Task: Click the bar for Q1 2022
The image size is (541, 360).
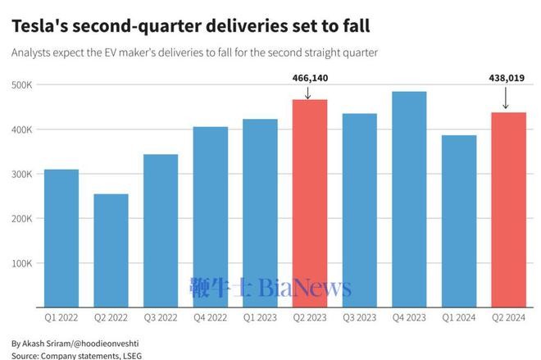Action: [x=61, y=238]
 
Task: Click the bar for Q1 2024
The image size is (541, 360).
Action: [x=458, y=221]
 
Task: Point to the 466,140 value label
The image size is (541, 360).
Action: [x=310, y=78]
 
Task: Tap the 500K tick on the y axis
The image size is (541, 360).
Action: [x=21, y=85]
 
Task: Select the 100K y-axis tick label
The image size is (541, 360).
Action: [x=21, y=265]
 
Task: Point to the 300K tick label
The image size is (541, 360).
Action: [x=21, y=175]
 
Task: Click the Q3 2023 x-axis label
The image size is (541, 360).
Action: [x=359, y=317]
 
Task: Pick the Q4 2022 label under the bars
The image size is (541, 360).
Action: [x=210, y=317]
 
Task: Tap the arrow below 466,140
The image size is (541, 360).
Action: [x=309, y=92]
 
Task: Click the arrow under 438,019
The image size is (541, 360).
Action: [x=506, y=100]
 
